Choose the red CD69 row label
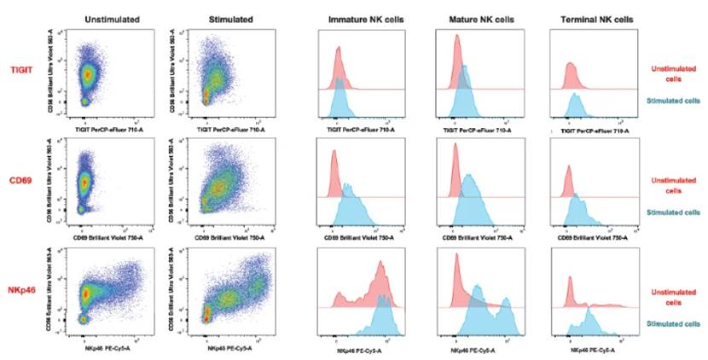23,183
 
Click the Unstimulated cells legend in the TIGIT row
674,73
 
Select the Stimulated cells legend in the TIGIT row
674,100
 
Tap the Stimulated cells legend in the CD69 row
674,212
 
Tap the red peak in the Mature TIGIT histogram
457,43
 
